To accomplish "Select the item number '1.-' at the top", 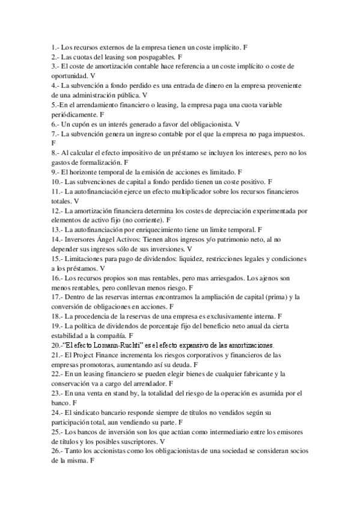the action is point(56,46).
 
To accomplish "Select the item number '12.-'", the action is point(57,210).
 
